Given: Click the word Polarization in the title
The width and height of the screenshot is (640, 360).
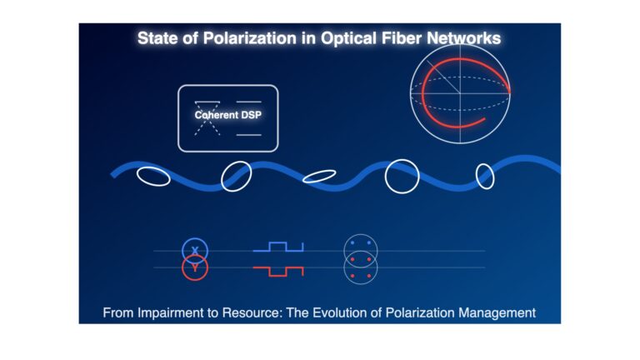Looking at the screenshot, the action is (x=249, y=38).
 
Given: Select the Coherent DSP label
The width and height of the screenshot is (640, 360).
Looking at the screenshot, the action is (x=227, y=115).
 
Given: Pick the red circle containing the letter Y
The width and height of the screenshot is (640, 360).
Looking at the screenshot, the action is (x=195, y=280).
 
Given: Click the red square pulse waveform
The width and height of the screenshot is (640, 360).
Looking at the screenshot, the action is (x=278, y=276).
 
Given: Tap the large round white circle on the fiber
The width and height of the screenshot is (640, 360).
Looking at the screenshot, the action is (x=402, y=160).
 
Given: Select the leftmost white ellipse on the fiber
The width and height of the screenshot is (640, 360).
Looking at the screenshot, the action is (x=153, y=168).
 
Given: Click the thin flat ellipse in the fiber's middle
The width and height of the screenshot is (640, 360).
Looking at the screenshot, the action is (x=319, y=172).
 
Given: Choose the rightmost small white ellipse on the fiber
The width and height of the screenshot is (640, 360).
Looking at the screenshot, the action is (x=485, y=164).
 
